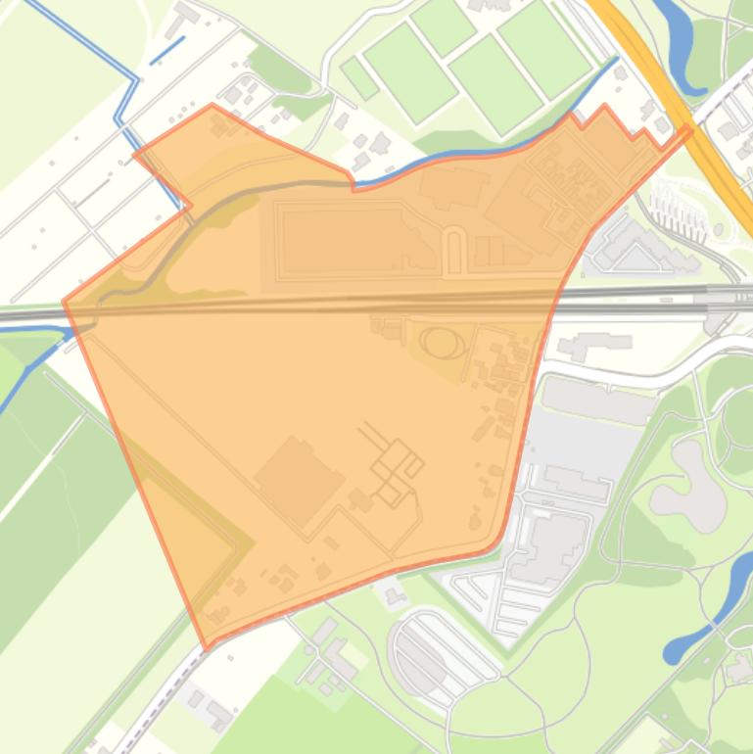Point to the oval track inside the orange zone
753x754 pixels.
click(443, 343)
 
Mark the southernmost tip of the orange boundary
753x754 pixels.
click(207, 647)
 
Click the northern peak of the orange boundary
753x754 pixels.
click(212, 105)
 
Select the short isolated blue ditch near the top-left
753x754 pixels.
click(167, 50)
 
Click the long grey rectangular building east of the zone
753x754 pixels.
click(598, 399)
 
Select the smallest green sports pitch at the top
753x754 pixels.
click(359, 77)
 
